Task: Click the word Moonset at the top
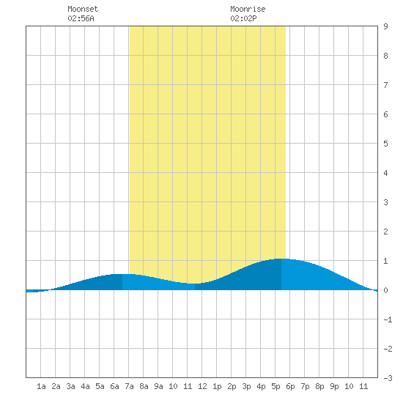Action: (83, 9)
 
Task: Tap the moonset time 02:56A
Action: (81, 18)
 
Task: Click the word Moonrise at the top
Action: (248, 9)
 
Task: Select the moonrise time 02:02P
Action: (243, 18)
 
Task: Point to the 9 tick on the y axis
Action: (385, 26)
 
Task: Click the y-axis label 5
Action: (385, 144)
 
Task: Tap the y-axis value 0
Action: (385, 290)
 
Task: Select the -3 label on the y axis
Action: (388, 378)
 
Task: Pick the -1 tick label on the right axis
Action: (388, 319)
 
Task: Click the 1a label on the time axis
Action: (41, 386)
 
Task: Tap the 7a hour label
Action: (129, 386)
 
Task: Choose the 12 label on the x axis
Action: (202, 386)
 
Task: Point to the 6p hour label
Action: (290, 386)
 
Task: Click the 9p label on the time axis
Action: (334, 386)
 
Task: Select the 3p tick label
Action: (246, 386)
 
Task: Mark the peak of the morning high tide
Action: (122, 274)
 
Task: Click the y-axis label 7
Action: (385, 85)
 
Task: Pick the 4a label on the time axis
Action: (85, 386)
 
